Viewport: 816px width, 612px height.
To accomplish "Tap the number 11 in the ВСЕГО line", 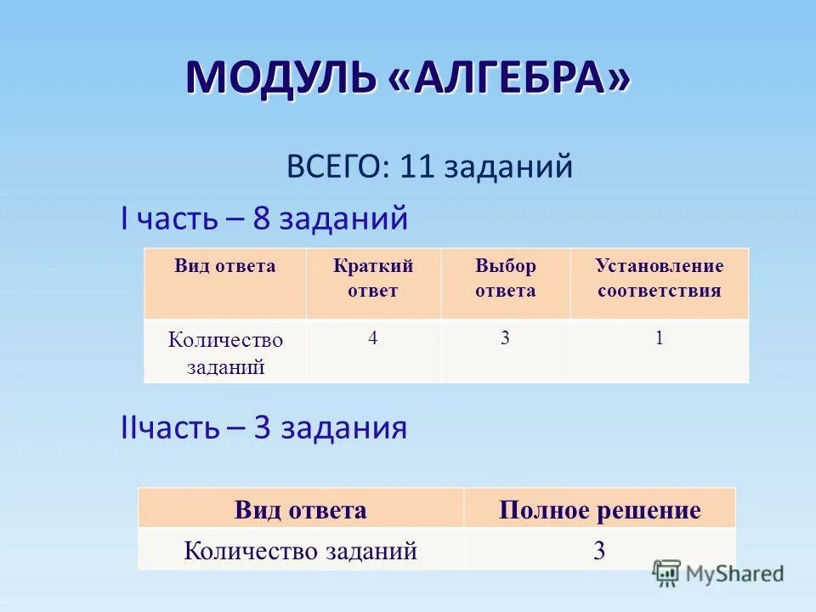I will pyautogui.click(x=416, y=166).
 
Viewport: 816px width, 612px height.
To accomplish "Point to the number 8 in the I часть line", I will pyautogui.click(x=261, y=218).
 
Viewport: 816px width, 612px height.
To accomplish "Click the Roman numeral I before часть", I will pyautogui.click(x=125, y=218).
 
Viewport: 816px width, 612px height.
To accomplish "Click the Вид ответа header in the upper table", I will pyautogui.click(x=225, y=266).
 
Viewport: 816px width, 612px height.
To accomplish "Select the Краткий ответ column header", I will pyautogui.click(x=373, y=278).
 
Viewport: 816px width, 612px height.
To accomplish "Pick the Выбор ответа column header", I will pyautogui.click(x=505, y=278).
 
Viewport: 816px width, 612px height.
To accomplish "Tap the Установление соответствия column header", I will pyautogui.click(x=660, y=278).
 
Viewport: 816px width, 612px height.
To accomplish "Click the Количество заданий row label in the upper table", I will pyautogui.click(x=225, y=353).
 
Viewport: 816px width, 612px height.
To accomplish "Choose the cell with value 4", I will pyautogui.click(x=373, y=338).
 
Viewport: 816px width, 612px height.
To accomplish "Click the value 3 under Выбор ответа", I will pyautogui.click(x=505, y=338).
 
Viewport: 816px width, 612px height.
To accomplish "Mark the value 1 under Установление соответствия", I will pyautogui.click(x=659, y=338).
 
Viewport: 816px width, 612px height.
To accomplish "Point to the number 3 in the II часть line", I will pyautogui.click(x=262, y=428).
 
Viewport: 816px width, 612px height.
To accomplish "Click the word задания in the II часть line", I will pyautogui.click(x=343, y=428).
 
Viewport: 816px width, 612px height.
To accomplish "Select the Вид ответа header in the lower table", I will pyautogui.click(x=300, y=510).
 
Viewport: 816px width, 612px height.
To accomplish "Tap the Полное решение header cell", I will pyautogui.click(x=599, y=510).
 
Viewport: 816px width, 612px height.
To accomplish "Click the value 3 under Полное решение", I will pyautogui.click(x=599, y=551).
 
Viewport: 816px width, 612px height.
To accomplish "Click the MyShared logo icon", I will pyautogui.click(x=667, y=572).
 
